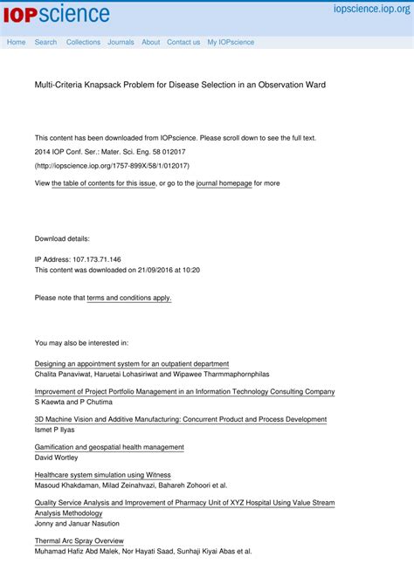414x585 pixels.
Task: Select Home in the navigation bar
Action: pyautogui.click(x=16, y=42)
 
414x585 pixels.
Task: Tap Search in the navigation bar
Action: pyautogui.click(x=45, y=42)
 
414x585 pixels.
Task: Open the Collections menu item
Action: pyautogui.click(x=83, y=42)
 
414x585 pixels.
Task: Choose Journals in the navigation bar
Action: pyautogui.click(x=121, y=42)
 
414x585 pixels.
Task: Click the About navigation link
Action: pyautogui.click(x=151, y=42)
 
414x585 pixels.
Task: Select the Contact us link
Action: pyautogui.click(x=183, y=42)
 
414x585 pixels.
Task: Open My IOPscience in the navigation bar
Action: pyautogui.click(x=231, y=42)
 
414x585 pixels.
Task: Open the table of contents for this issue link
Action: pyautogui.click(x=104, y=183)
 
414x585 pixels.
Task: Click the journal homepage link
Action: pyautogui.click(x=224, y=183)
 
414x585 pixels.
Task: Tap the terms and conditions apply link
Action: pyautogui.click(x=129, y=298)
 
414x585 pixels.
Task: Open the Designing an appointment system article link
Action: pyautogui.click(x=132, y=363)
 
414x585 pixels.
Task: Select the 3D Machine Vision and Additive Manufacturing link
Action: pyautogui.click(x=180, y=419)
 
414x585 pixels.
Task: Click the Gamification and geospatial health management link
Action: pyautogui.click(x=109, y=447)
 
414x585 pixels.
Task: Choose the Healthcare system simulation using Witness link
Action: pyautogui.click(x=102, y=475)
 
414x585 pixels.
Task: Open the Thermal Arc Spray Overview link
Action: pyautogui.click(x=79, y=541)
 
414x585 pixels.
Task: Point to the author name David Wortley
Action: pyautogui.click(x=56, y=458)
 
